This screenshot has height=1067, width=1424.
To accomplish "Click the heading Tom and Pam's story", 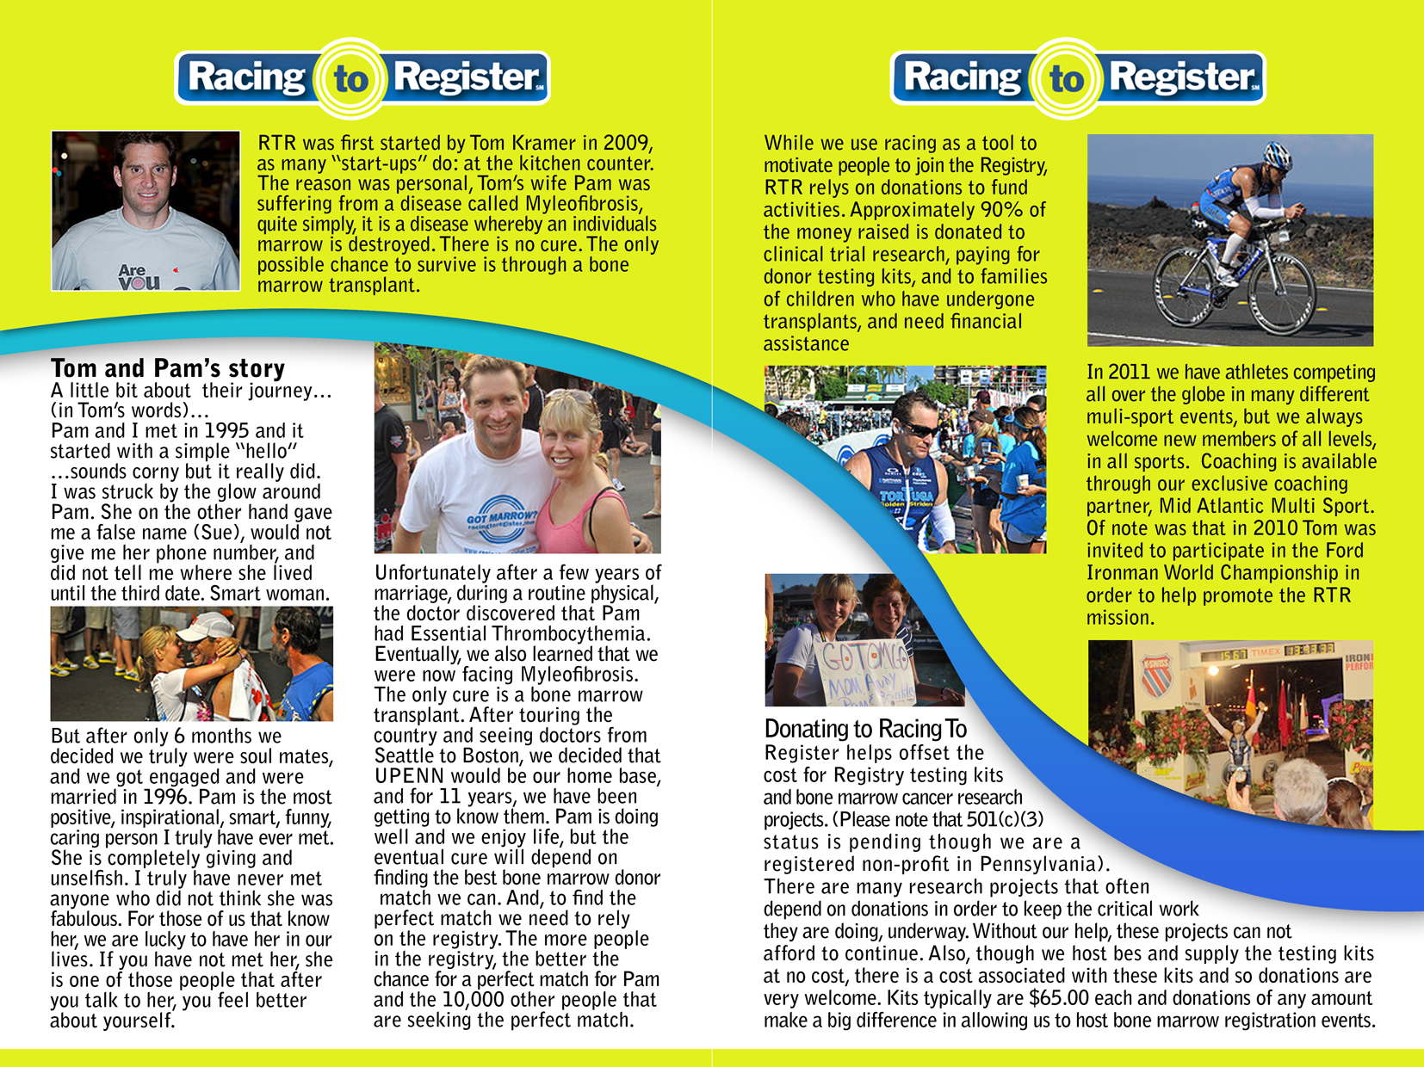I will (168, 368).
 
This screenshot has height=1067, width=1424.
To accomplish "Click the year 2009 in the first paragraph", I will (628, 143).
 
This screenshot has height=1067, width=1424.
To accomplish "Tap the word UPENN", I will (409, 776).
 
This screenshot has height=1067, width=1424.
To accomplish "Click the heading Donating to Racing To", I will (865, 729).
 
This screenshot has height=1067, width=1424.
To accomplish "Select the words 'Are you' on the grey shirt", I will (138, 276).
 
